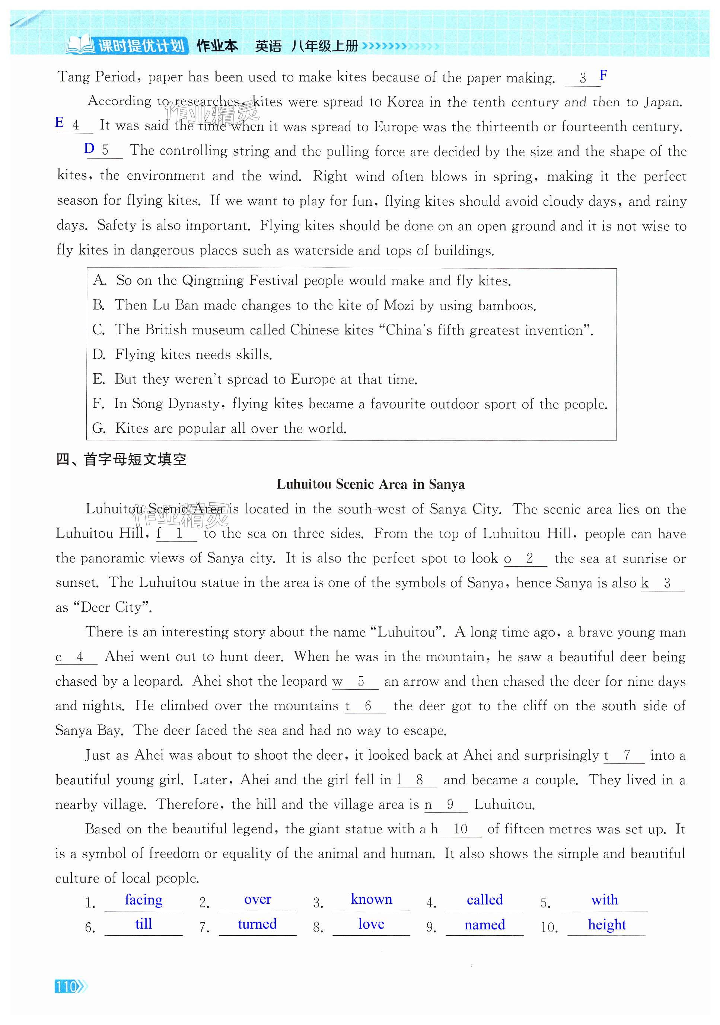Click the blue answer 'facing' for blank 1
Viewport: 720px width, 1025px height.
[x=143, y=900]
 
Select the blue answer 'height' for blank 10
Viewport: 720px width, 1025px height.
[x=606, y=925]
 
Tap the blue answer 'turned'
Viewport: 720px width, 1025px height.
[x=257, y=924]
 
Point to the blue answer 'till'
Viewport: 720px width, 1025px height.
[x=143, y=924]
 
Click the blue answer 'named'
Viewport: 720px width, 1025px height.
[x=485, y=925]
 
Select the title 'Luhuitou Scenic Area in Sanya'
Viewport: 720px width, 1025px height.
[x=370, y=484]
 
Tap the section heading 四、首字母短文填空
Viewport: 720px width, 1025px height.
[x=121, y=459]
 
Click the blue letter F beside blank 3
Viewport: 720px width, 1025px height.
[x=603, y=76]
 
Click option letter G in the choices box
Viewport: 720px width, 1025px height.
[x=98, y=428]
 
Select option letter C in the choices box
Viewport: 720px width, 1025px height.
[x=98, y=330]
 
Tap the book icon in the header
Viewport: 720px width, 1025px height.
[x=80, y=45]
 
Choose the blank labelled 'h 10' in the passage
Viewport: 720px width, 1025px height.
[x=456, y=829]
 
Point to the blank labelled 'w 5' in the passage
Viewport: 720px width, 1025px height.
[x=355, y=682]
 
